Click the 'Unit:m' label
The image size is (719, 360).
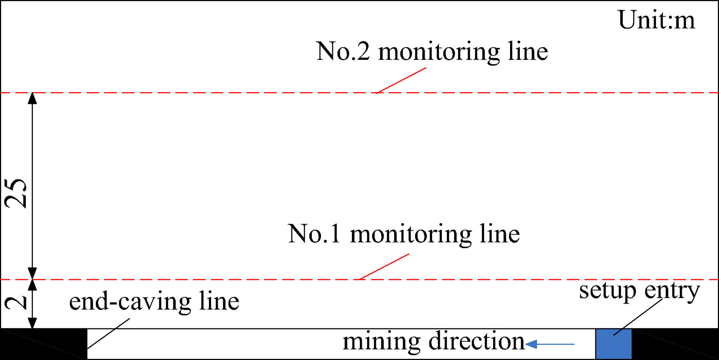pyautogui.click(x=656, y=20)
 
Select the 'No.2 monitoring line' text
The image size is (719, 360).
pyautogui.click(x=432, y=52)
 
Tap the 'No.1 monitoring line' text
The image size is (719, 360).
pyautogui.click(x=404, y=234)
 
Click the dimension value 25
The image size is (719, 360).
pyautogui.click(x=16, y=193)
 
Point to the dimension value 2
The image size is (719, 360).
pyautogui.click(x=16, y=303)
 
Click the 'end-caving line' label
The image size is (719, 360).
pyautogui.click(x=154, y=301)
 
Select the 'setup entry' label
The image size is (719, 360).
pyautogui.click(x=640, y=291)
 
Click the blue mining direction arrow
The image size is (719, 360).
pyautogui.click(x=550, y=344)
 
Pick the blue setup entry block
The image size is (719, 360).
pyautogui.click(x=614, y=344)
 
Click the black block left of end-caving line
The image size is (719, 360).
pyautogui.click(x=44, y=343)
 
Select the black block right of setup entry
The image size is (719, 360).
pyautogui.click(x=675, y=343)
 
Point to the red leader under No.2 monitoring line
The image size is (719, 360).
pyautogui.click(x=401, y=80)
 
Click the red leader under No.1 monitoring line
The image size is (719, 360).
pyautogui.click(x=384, y=266)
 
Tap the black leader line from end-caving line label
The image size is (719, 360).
pyautogui.click(x=108, y=333)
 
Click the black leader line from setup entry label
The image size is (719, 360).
pyautogui.click(x=638, y=317)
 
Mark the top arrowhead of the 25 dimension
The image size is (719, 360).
pyautogui.click(x=32, y=98)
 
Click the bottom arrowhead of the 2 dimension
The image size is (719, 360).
pyautogui.click(x=32, y=323)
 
